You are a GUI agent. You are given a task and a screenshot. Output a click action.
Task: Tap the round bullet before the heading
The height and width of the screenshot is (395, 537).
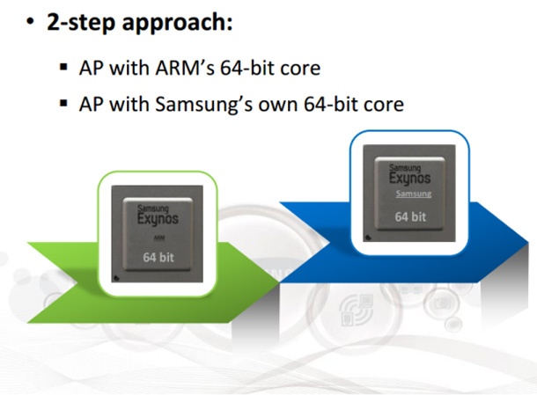[x=30, y=24]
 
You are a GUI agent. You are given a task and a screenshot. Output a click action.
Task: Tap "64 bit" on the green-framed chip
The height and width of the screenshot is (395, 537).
[x=159, y=258]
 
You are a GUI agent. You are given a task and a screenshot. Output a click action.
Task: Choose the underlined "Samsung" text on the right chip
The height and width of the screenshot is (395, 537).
[x=412, y=194]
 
